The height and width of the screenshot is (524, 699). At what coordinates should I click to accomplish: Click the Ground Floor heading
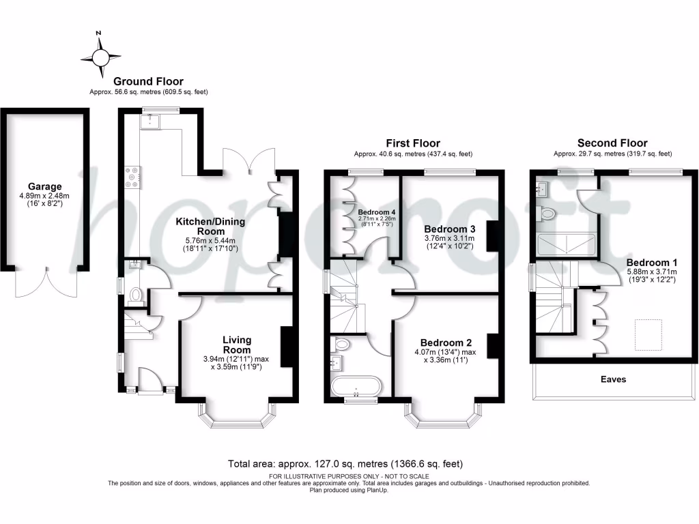[x=148, y=82]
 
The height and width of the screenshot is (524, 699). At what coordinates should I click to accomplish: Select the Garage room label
[x=45, y=186]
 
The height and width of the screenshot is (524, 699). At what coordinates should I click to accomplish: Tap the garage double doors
[x=45, y=282]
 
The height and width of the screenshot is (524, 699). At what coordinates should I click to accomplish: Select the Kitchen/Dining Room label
[x=210, y=227]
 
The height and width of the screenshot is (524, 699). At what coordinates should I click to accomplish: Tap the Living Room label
[x=237, y=345]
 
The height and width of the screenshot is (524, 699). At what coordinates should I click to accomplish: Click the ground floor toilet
[x=136, y=295]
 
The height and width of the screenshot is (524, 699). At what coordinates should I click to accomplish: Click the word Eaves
[x=612, y=379]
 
